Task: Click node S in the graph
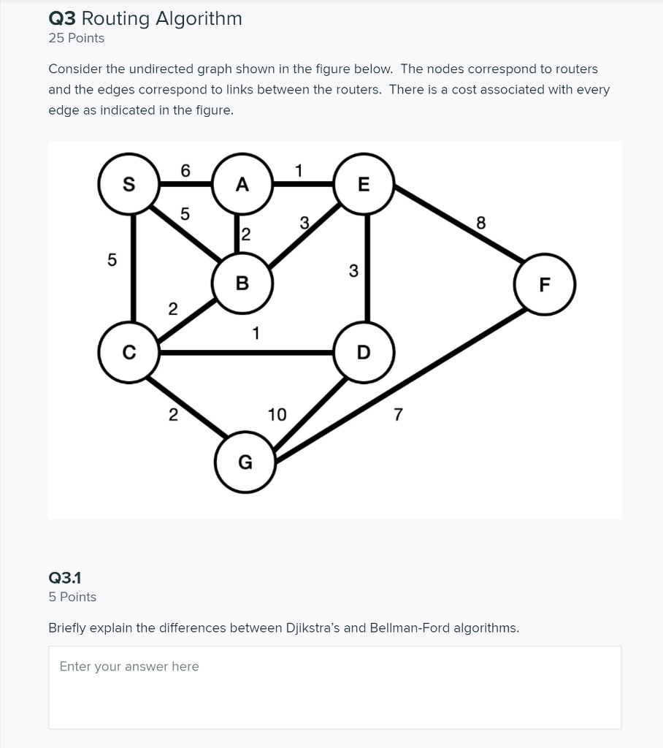point(129,184)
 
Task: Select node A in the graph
point(242,184)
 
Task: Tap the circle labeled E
point(364,184)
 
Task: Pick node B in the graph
point(242,283)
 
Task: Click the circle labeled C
point(129,354)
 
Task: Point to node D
point(364,354)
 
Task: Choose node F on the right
point(545,284)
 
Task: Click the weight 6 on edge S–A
point(185,170)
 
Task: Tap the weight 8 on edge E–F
point(480,223)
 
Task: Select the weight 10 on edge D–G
point(277,415)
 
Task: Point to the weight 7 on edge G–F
point(397,415)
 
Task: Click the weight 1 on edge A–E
point(298,170)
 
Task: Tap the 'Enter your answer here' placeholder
point(129,666)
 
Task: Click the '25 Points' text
point(76,38)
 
